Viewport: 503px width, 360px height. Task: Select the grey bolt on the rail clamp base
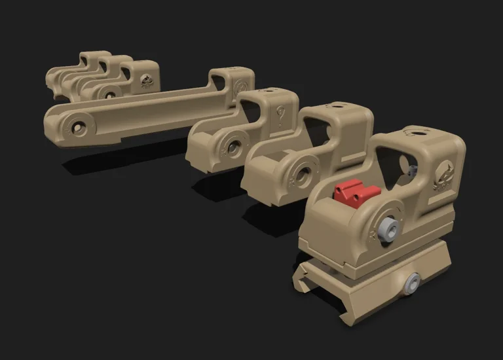click(x=412, y=283)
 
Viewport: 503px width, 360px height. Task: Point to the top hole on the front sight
click(x=414, y=132)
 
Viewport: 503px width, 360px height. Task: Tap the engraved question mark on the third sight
click(x=281, y=116)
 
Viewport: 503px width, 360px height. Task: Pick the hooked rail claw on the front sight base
click(x=303, y=275)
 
